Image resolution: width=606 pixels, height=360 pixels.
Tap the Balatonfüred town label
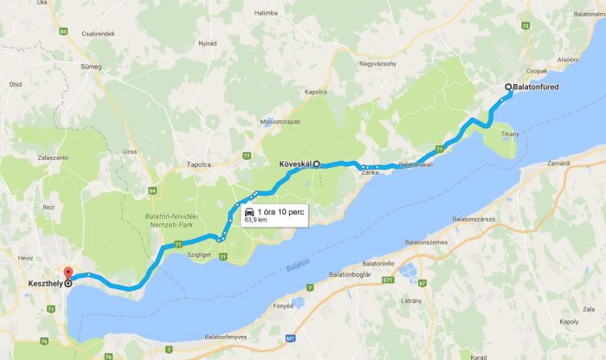543,87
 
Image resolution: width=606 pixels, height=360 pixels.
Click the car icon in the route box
249,211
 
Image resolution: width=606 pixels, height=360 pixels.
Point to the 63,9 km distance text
256,221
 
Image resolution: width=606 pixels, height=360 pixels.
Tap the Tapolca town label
199,164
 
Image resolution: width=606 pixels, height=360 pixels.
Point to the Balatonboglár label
350,274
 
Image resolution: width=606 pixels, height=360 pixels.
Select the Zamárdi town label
558,162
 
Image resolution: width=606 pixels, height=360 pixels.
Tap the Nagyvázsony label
377,63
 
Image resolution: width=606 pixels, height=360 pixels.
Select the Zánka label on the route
371,173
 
